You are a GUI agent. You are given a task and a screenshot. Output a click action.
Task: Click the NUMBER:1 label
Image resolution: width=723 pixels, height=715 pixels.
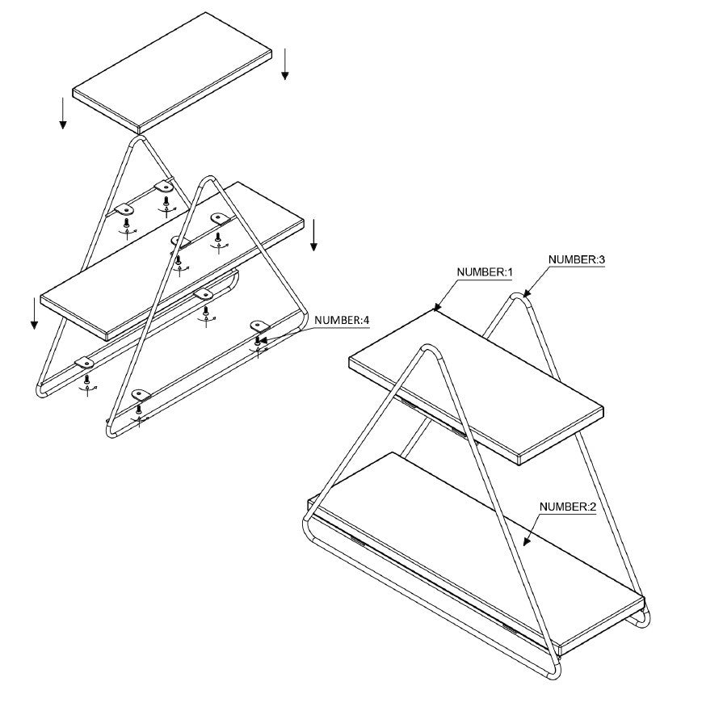(484, 272)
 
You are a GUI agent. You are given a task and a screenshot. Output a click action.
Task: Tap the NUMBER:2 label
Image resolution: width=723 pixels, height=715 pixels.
(568, 507)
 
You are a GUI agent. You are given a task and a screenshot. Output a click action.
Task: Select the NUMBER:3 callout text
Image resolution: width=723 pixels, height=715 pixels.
(576, 259)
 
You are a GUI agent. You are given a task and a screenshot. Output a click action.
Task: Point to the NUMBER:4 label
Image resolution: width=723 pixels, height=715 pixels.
(342, 320)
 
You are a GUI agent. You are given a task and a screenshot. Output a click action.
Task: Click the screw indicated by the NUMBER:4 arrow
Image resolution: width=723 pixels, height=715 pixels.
(258, 342)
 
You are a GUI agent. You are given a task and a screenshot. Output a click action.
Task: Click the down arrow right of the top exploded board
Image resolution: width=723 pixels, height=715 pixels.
(285, 64)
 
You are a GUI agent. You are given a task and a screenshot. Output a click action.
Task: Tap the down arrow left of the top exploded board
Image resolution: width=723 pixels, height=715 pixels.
(63, 113)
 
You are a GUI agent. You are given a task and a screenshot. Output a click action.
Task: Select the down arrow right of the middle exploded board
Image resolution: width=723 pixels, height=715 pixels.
(313, 235)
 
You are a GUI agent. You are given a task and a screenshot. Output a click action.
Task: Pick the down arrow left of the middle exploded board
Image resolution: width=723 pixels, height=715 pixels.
(34, 313)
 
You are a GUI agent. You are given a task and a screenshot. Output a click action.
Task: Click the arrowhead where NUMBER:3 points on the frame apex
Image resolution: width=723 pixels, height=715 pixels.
(526, 295)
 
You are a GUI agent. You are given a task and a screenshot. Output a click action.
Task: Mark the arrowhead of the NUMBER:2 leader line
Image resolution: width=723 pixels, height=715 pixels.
(526, 542)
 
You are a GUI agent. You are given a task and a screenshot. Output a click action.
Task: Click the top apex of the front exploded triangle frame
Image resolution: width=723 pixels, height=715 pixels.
(209, 178)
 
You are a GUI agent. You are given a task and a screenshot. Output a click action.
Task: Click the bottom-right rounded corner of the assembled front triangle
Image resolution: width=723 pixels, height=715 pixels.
(555, 671)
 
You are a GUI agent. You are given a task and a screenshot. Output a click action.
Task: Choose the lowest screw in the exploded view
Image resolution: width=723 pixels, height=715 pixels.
(138, 409)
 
